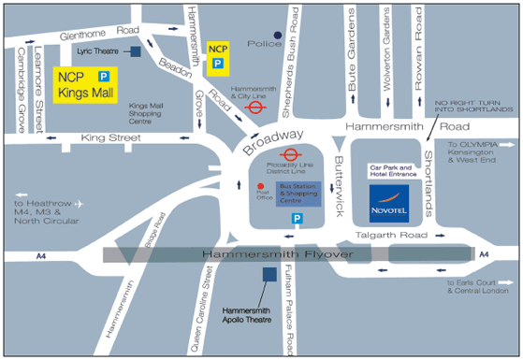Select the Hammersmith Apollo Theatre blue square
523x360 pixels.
coord(269,274)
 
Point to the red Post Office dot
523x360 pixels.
coord(261,186)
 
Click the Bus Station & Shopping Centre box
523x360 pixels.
coord(293,194)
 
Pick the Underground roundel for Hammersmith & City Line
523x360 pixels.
coord(253,108)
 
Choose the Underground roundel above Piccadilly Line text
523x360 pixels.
coord(290,156)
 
